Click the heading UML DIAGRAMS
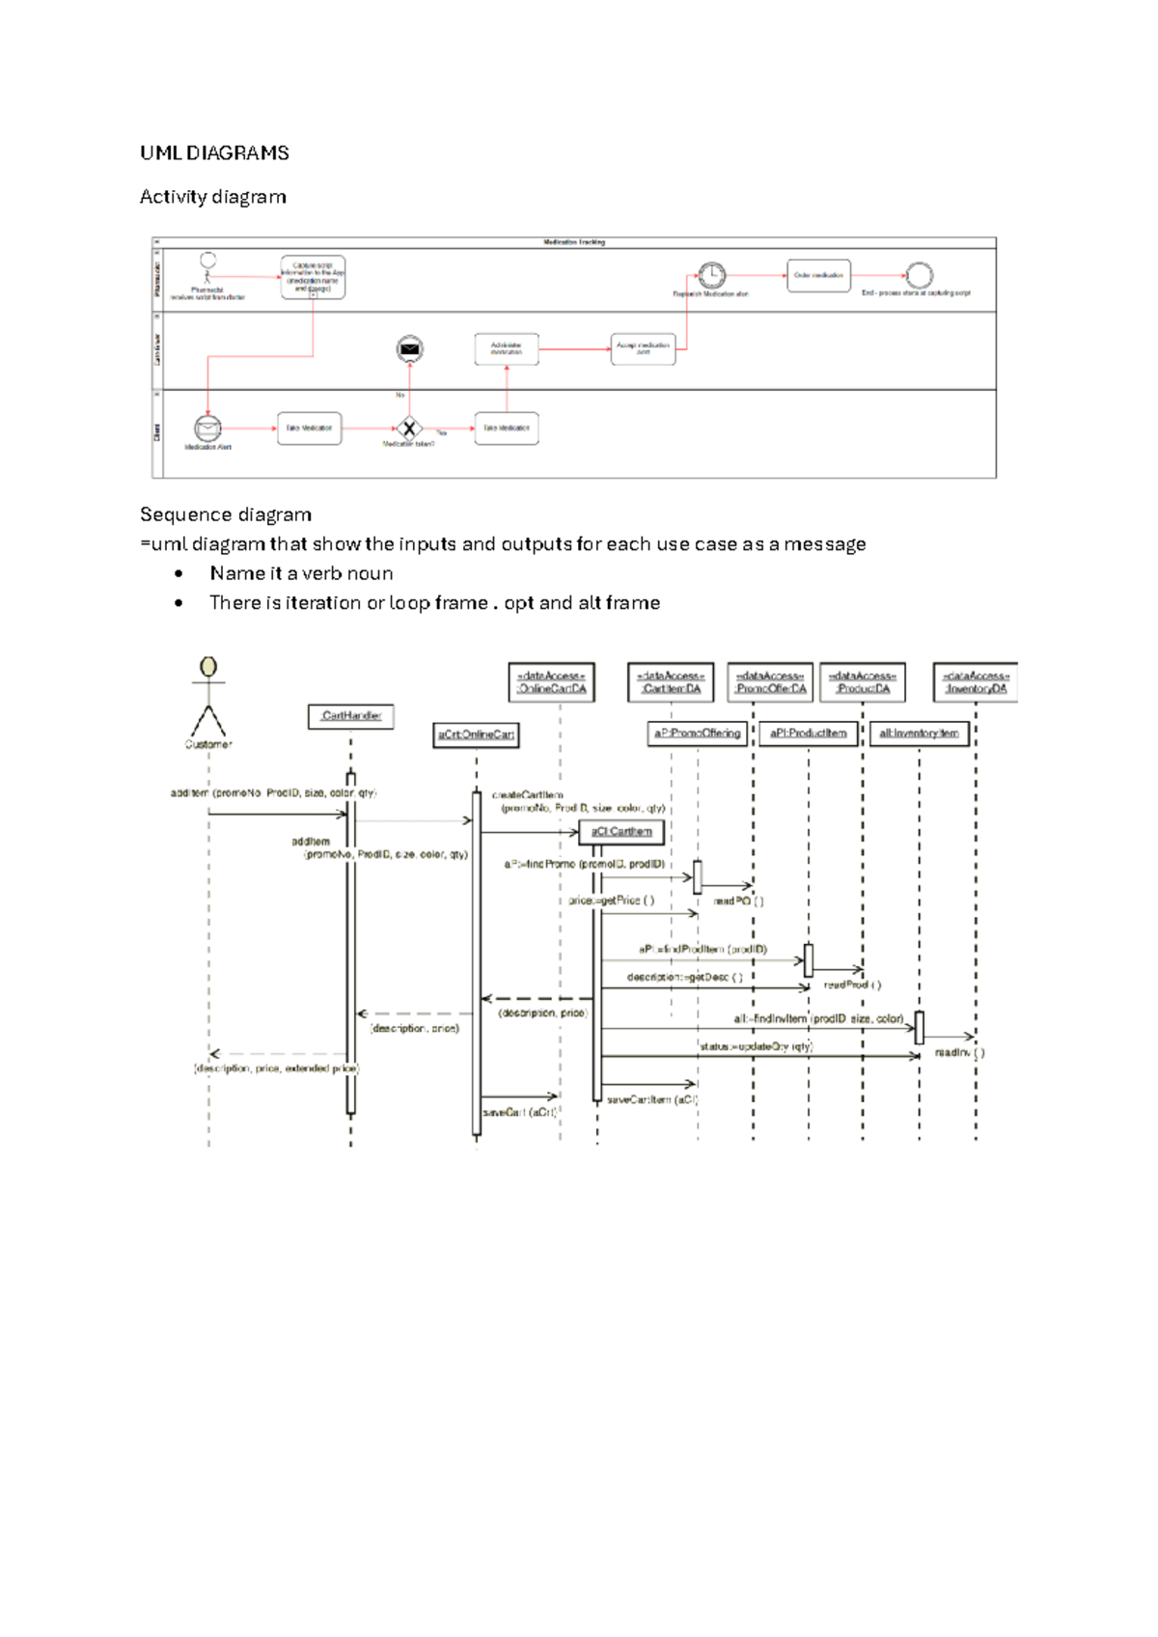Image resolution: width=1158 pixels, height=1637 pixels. point(214,153)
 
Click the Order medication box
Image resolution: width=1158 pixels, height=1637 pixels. point(818,275)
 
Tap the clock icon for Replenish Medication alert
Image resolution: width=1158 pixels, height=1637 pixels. point(712,275)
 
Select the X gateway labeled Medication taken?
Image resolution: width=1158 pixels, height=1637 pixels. point(409,428)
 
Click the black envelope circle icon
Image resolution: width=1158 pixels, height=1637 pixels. point(409,348)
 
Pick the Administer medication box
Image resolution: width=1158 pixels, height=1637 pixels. point(507,348)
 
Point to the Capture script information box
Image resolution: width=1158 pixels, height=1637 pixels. point(313,277)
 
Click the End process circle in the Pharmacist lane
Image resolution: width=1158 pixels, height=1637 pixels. point(920,275)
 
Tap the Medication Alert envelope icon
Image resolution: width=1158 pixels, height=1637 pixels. point(207,428)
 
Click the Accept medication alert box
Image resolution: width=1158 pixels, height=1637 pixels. point(643,348)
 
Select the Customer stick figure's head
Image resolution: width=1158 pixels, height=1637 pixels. point(208,667)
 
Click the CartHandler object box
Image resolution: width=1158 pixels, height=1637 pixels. point(351,716)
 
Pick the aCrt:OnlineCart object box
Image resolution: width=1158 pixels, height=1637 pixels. point(476,735)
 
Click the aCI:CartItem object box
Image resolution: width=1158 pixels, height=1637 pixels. point(621,831)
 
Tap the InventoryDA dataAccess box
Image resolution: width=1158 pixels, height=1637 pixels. point(976,681)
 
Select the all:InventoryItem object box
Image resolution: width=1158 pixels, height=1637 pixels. point(919,734)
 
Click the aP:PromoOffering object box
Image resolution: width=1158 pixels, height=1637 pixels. point(698,734)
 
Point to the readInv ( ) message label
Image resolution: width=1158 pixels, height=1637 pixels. point(959,1052)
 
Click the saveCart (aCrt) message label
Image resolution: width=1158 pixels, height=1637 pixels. point(519,1112)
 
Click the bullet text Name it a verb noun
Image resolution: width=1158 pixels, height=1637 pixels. point(301,573)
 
